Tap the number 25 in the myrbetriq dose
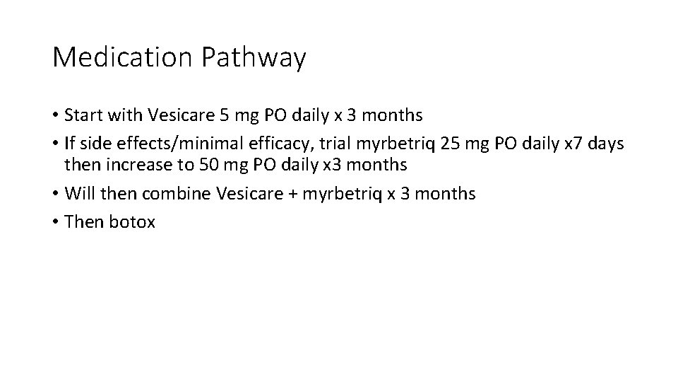[x=449, y=144]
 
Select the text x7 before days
[x=570, y=144]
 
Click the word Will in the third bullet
[x=78, y=194]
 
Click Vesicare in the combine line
[x=242, y=194]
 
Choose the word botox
[x=132, y=222]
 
